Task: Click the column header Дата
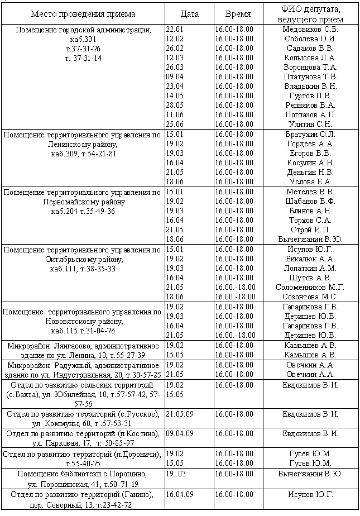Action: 190,14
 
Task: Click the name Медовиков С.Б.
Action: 311,29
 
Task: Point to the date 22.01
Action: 175,29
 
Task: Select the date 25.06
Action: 175,124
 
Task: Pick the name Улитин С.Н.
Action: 310,124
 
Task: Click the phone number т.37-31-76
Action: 83,49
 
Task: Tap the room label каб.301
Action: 83,39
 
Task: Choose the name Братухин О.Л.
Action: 310,134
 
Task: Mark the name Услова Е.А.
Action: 310,181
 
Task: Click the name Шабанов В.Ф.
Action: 310,201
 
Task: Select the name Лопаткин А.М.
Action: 310,268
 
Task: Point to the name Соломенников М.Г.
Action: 310,287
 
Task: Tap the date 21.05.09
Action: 179,414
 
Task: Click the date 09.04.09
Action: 179,433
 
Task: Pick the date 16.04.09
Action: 179,494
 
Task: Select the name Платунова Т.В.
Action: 310,77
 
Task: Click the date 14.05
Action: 175,95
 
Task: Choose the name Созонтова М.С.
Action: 310,297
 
